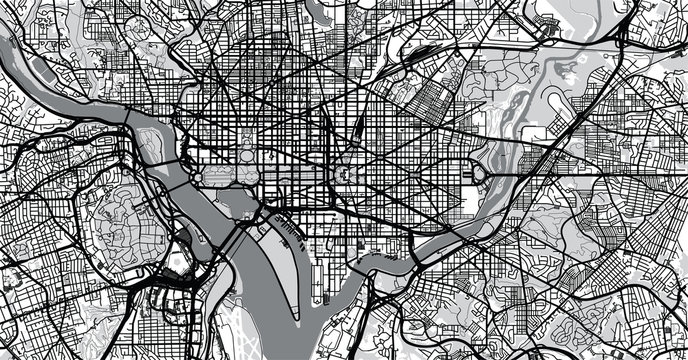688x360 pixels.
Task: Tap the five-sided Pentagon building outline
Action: (177, 262)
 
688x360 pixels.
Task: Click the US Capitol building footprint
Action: (344, 173)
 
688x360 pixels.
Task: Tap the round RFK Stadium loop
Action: (477, 176)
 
